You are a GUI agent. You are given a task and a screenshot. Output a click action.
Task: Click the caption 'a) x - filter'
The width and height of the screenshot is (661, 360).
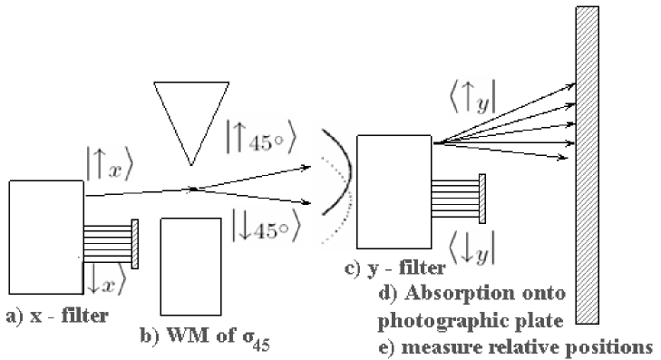(55, 316)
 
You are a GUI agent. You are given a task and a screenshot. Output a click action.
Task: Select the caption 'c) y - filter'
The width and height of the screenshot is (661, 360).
(395, 268)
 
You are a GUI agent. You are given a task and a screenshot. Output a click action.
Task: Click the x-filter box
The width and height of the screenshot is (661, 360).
(45, 235)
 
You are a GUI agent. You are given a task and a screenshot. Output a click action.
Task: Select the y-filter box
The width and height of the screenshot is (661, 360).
(394, 196)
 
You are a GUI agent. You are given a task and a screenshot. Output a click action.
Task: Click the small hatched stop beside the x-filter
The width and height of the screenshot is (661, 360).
(135, 243)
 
